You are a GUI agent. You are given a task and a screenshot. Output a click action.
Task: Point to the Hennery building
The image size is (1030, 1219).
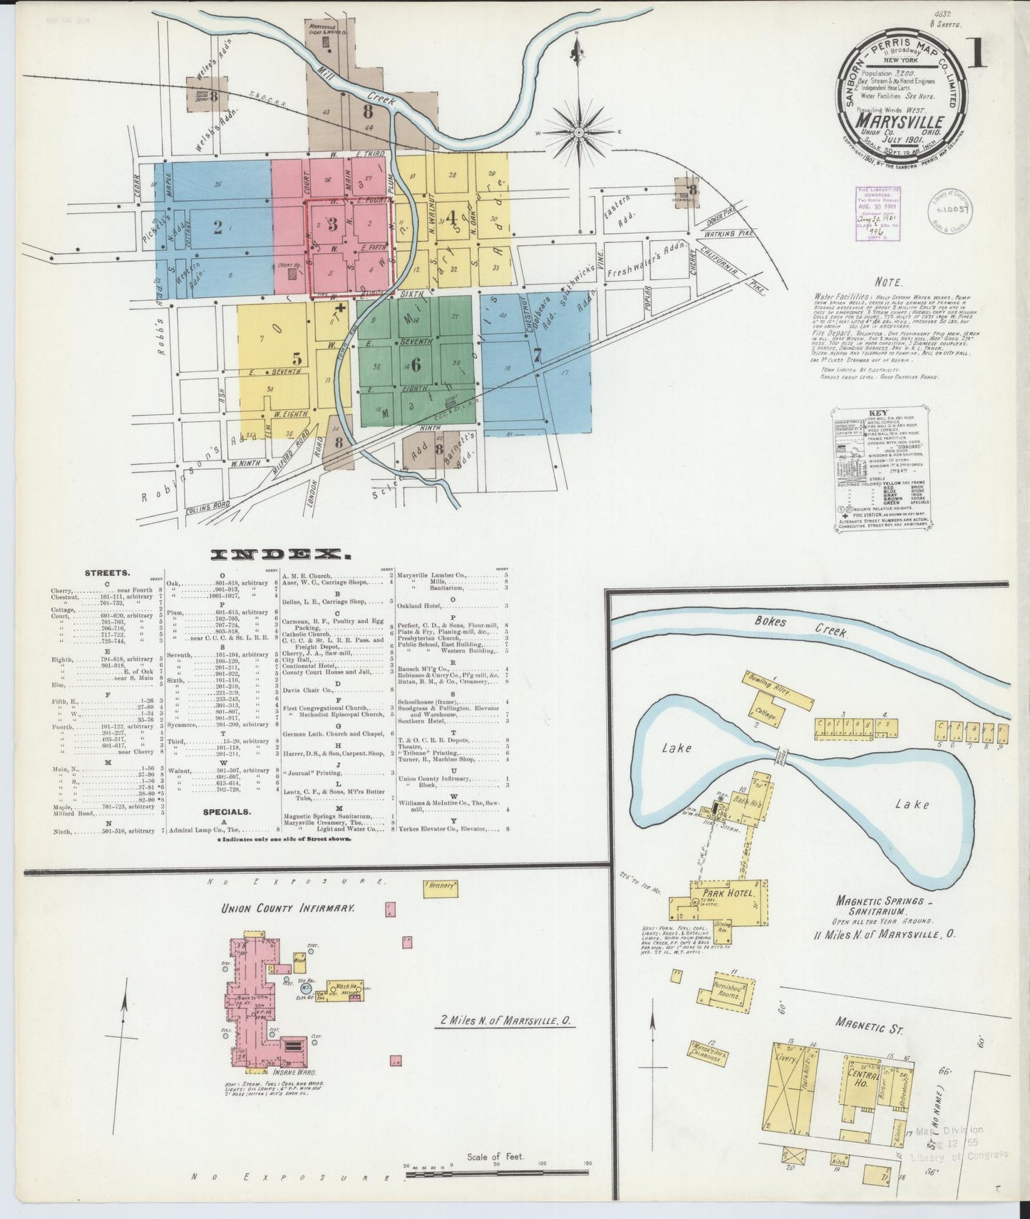pyautogui.click(x=441, y=887)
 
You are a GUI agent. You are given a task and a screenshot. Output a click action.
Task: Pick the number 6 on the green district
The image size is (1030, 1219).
pyautogui.click(x=416, y=364)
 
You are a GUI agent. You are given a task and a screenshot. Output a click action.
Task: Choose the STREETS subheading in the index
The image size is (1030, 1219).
pyautogui.click(x=107, y=572)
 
